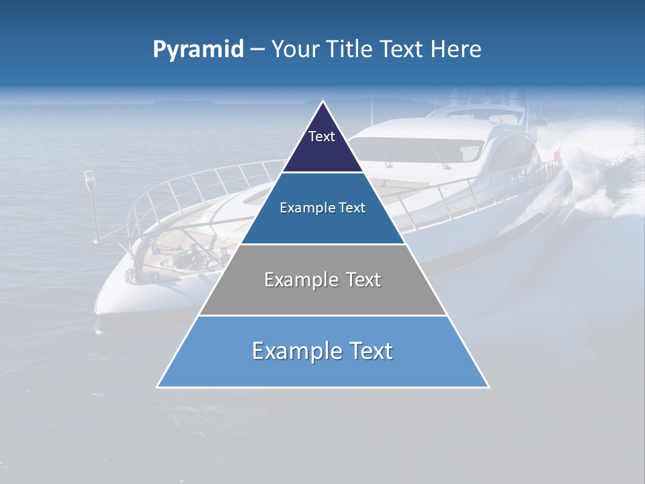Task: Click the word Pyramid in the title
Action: [x=198, y=50]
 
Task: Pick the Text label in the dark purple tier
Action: [x=322, y=137]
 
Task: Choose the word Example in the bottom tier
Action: [x=294, y=351]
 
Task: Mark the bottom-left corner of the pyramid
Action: [x=157, y=387]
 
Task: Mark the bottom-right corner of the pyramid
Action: [x=488, y=387]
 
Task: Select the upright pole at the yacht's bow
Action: [x=91, y=202]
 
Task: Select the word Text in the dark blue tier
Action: [x=352, y=208]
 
